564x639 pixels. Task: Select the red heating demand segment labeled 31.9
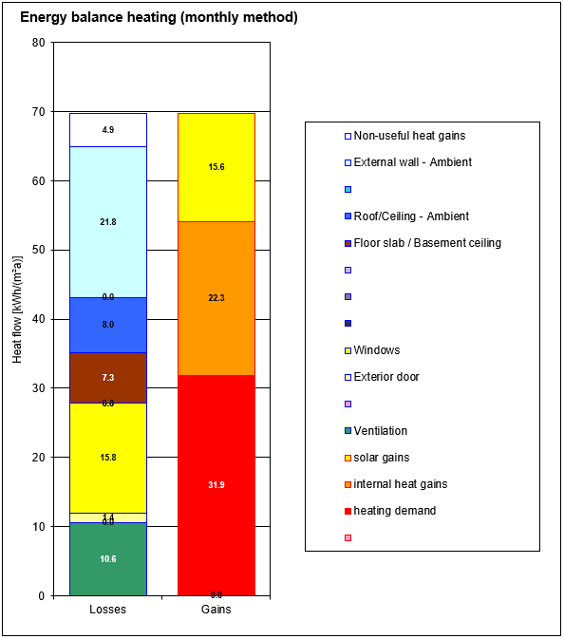pyautogui.click(x=216, y=485)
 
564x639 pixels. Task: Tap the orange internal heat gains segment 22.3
pyautogui.click(x=216, y=298)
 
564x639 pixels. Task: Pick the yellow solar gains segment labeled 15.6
pyautogui.click(x=216, y=167)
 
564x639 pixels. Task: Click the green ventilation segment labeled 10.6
pyautogui.click(x=108, y=559)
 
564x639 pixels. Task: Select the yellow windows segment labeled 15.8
pyautogui.click(x=108, y=458)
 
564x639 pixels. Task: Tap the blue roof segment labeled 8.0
pyautogui.click(x=108, y=325)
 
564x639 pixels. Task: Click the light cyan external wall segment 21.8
pyautogui.click(x=108, y=222)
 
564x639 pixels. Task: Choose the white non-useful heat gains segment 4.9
pyautogui.click(x=108, y=130)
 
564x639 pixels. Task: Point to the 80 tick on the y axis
pyautogui.click(x=38, y=43)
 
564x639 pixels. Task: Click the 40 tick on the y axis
pyautogui.click(x=38, y=319)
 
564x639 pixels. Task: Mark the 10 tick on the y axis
pyautogui.click(x=38, y=527)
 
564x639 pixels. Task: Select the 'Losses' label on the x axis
pyautogui.click(x=107, y=610)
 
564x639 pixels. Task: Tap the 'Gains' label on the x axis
pyautogui.click(x=216, y=610)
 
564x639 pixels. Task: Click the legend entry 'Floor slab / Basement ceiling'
pyautogui.click(x=426, y=243)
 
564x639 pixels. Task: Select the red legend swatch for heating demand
pyautogui.click(x=348, y=512)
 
